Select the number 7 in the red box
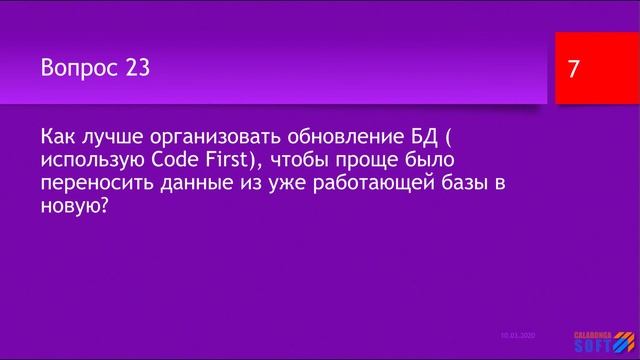(573, 70)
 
